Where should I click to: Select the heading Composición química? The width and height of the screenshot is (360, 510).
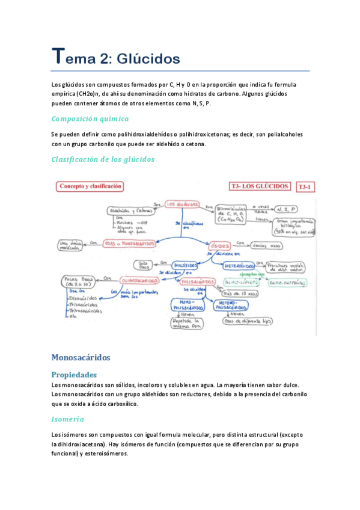90,118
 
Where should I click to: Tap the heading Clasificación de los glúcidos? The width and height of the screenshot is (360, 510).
103,159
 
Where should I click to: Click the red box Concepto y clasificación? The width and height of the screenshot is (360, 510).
91,186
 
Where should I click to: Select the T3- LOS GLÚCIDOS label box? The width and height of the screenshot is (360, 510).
260,187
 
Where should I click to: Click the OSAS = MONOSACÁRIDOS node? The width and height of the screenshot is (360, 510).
130,244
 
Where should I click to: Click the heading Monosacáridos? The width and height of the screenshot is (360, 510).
81,357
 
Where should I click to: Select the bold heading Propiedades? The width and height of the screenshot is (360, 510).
79,374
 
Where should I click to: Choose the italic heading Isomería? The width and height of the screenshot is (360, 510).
68,419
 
